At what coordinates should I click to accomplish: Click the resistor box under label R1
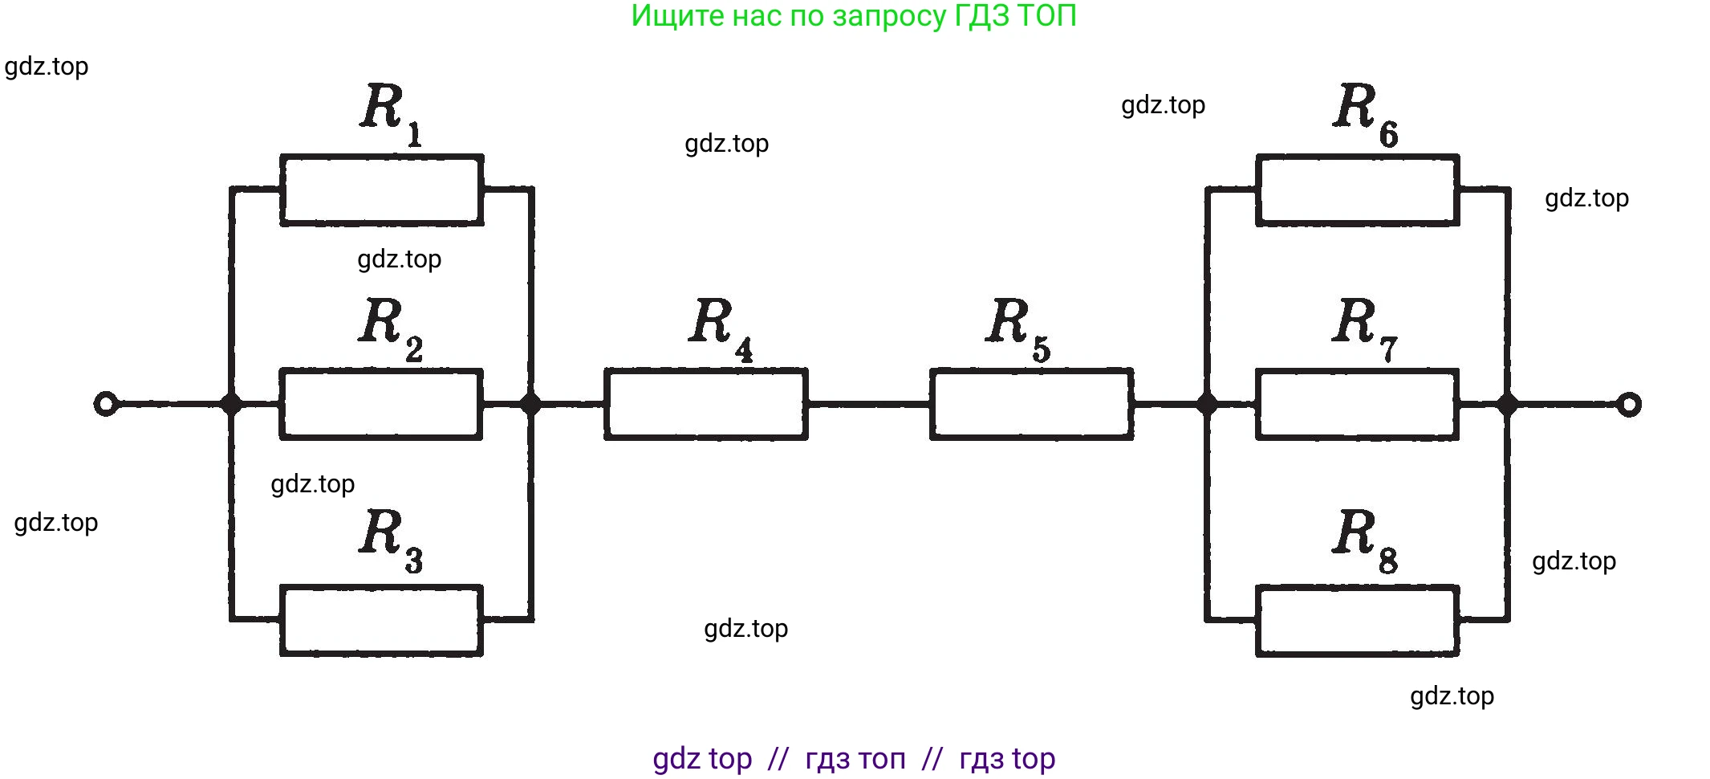(381, 190)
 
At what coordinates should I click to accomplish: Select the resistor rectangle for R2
(381, 404)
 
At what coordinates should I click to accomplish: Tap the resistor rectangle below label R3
(381, 620)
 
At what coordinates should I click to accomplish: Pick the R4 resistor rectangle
(706, 404)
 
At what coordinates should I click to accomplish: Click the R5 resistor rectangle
(1032, 404)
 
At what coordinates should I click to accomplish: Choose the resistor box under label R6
(1357, 190)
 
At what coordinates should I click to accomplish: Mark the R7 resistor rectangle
(1357, 404)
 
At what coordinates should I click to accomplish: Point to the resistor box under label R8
(1357, 620)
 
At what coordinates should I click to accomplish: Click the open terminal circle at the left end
(106, 403)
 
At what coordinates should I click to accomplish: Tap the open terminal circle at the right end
(1628, 404)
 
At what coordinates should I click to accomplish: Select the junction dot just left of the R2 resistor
(231, 403)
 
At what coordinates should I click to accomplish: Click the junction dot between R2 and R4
(531, 403)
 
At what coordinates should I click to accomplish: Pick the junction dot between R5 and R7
(1207, 404)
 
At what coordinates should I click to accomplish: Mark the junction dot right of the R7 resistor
(1508, 404)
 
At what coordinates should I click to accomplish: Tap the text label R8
(1364, 538)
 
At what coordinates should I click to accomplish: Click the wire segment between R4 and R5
(869, 404)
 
